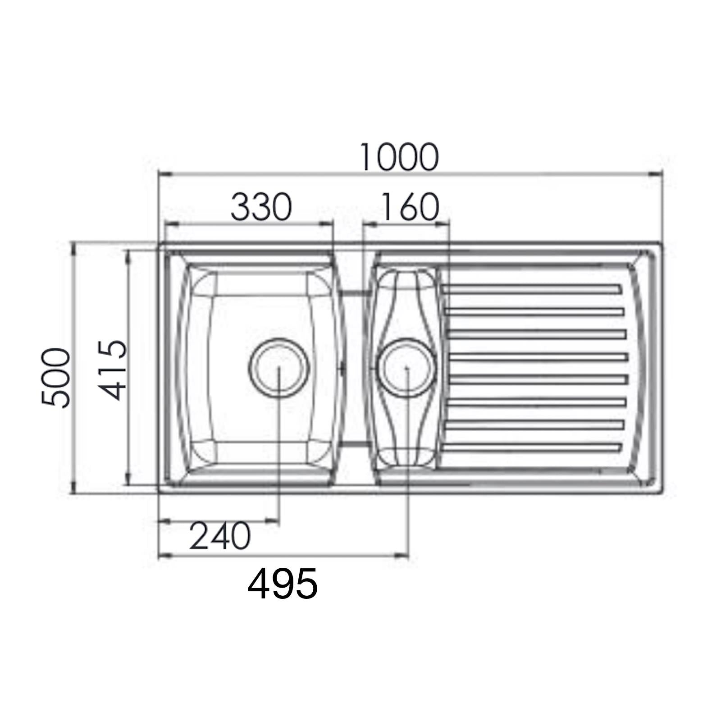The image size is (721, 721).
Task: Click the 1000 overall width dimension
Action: point(399,157)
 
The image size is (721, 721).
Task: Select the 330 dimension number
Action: point(261,207)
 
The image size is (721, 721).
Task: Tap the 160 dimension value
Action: point(409,207)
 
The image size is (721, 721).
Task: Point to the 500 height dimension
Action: point(56,378)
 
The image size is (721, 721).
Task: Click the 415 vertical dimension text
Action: point(113,370)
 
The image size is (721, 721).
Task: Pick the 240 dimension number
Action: point(219,536)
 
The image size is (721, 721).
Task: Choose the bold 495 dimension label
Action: point(283,584)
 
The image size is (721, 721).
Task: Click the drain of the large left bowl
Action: point(279,366)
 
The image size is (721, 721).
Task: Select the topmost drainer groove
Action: point(532,289)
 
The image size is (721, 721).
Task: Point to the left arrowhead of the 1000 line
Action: point(165,175)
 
